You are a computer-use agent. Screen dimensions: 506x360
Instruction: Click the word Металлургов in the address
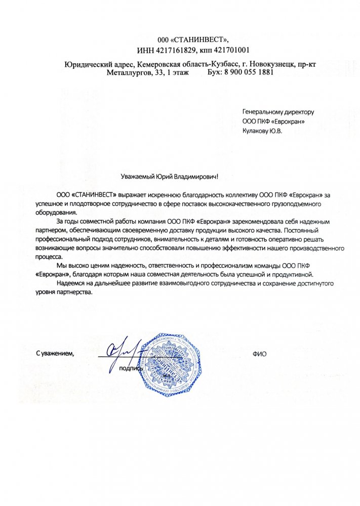coord(127,72)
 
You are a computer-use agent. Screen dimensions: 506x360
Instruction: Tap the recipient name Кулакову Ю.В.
coord(263,130)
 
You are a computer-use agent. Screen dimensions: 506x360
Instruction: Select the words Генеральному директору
coord(278,111)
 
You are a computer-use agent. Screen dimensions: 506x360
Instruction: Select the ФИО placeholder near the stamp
coord(259,354)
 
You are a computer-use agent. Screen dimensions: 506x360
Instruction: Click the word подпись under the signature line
coord(130,368)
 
